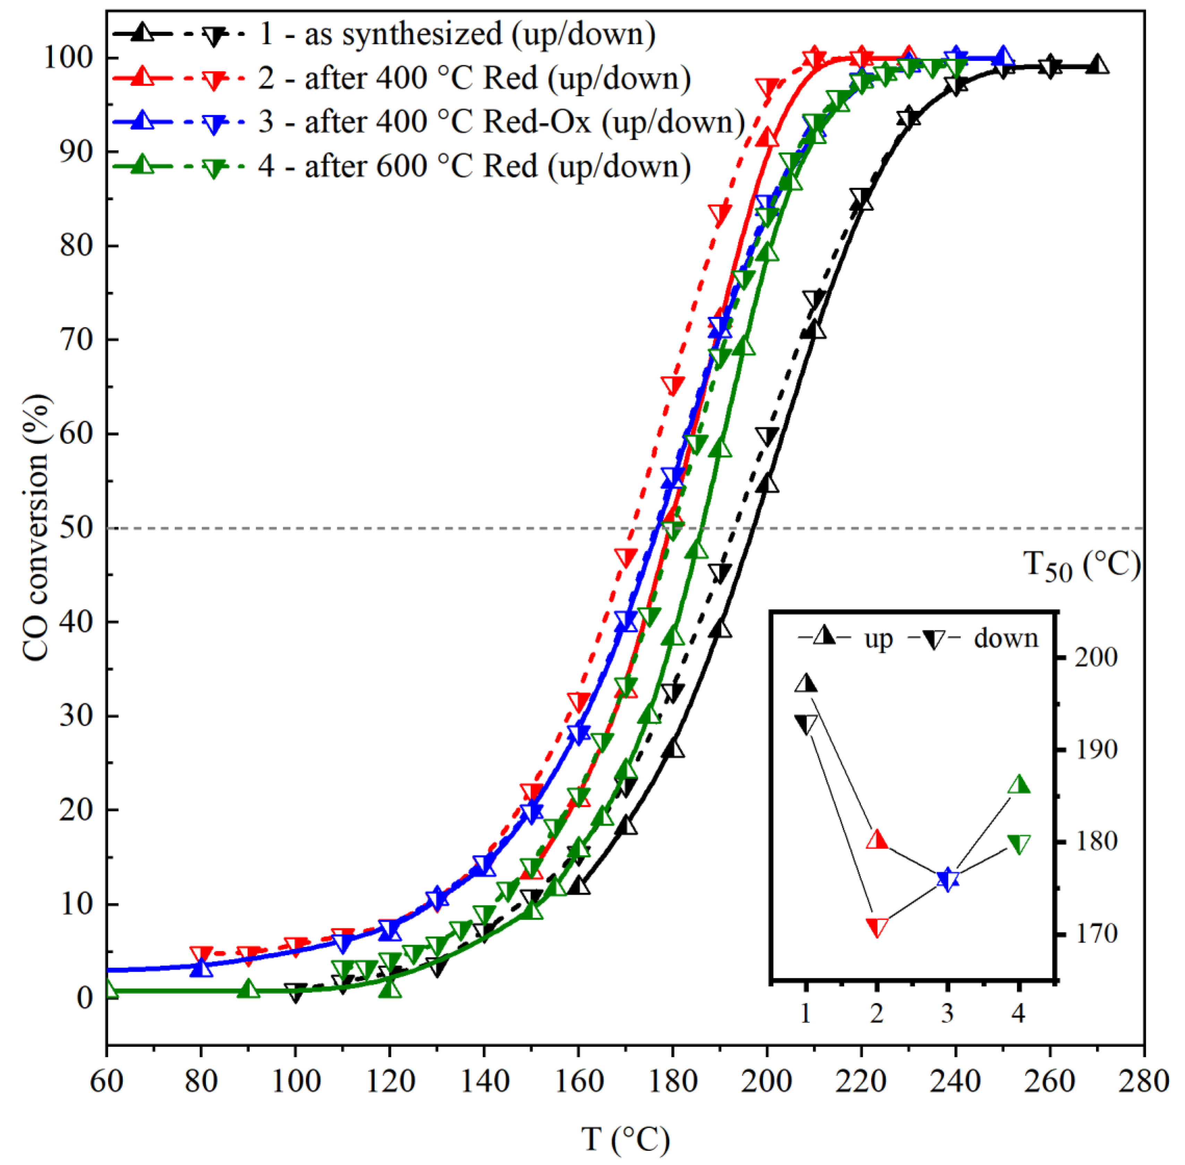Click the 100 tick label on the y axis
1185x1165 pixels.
click(x=67, y=58)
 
